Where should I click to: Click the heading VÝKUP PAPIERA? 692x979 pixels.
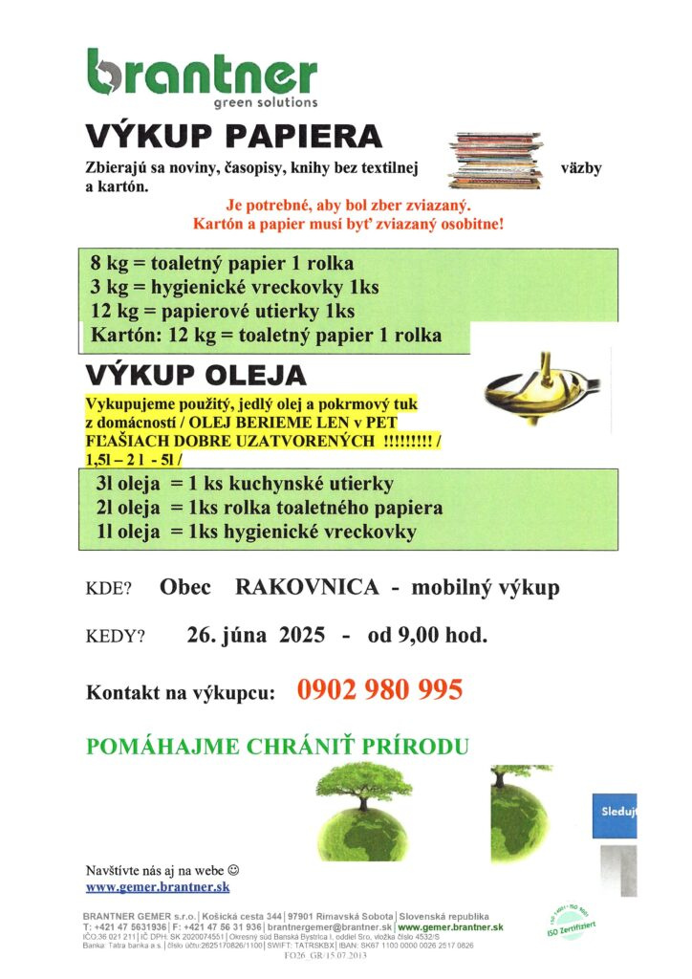click(x=233, y=138)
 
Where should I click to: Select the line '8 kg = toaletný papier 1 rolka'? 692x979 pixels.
click(x=222, y=263)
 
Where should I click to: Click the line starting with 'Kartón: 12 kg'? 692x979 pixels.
click(x=266, y=336)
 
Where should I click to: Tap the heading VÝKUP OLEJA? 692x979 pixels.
click(x=197, y=374)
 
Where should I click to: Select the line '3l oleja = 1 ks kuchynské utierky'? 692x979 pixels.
click(x=244, y=484)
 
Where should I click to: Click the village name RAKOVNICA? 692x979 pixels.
click(x=307, y=587)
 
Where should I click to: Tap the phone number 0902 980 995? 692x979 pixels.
click(x=380, y=690)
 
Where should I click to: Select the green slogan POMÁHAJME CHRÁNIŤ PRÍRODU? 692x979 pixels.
click(x=277, y=747)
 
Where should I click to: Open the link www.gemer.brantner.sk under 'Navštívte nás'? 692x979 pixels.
click(x=158, y=888)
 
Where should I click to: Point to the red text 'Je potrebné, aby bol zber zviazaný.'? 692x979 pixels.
click(x=348, y=206)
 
